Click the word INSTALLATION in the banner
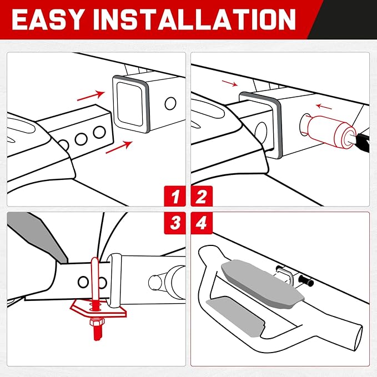[194, 19]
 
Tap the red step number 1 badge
[175, 196]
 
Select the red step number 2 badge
[202, 196]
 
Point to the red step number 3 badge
[175, 223]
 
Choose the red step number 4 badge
[202, 223]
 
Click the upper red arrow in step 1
[91, 95]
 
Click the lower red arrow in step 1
[119, 147]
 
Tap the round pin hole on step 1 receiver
[170, 103]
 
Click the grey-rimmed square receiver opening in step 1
[131, 104]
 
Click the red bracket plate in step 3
[99, 309]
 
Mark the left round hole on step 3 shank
[83, 282]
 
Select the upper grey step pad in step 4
[263, 284]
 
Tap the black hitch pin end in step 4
[306, 281]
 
